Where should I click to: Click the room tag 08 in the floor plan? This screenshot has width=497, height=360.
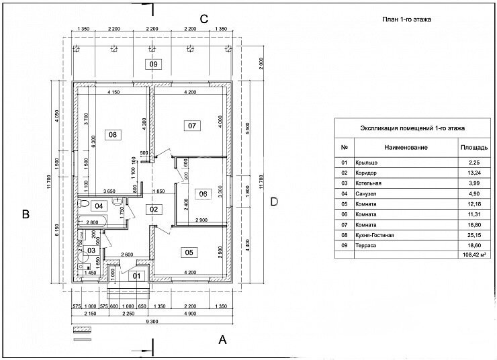click(x=112, y=134)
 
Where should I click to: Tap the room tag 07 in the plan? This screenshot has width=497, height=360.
click(x=192, y=126)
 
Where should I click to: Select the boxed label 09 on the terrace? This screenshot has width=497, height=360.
click(x=154, y=64)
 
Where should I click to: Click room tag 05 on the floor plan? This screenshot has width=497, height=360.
click(x=189, y=253)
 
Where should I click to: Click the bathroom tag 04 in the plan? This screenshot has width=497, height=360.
click(x=98, y=206)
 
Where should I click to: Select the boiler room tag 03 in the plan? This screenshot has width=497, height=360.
click(x=91, y=250)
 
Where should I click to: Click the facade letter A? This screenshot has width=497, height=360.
click(x=223, y=341)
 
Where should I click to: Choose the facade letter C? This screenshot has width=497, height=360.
click(x=205, y=18)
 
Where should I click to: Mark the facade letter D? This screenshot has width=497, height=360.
click(x=273, y=201)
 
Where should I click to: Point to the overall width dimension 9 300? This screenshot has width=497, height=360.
click(x=152, y=322)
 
